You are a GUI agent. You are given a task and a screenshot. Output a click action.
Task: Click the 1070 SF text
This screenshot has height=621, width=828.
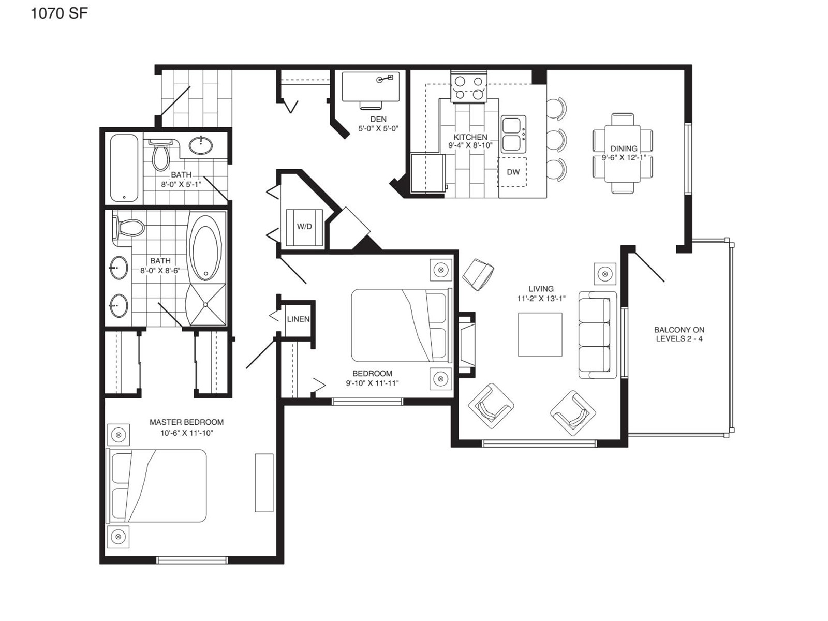click(x=59, y=13)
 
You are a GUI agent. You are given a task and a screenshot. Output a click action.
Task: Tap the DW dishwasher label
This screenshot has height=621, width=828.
click(x=513, y=172)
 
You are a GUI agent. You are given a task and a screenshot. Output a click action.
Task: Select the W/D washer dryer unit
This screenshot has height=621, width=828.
click(x=304, y=227)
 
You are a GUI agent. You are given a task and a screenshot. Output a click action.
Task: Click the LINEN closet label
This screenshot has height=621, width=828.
click(x=298, y=319)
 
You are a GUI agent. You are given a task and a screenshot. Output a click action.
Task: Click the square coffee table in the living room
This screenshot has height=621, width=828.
click(x=540, y=334)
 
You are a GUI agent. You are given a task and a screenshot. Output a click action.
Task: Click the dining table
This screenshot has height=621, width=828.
click(x=623, y=154)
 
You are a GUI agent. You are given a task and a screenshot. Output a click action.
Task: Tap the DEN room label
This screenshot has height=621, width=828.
click(x=378, y=119)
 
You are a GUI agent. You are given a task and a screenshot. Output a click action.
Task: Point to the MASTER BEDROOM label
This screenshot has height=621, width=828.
click(x=187, y=422)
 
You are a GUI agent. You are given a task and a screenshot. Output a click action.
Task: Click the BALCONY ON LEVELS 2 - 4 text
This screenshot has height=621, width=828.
click(x=679, y=334)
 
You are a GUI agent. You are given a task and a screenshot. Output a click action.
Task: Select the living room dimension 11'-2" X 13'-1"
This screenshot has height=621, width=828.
click(x=541, y=299)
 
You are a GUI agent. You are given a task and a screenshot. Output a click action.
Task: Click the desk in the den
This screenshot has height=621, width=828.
click(x=371, y=86)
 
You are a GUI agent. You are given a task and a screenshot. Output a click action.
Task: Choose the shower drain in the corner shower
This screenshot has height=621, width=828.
click(x=205, y=304)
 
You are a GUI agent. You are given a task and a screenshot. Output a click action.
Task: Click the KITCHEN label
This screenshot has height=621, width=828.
click(x=470, y=137)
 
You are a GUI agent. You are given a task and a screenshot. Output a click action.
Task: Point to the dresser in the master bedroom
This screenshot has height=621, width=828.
click(x=264, y=483)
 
